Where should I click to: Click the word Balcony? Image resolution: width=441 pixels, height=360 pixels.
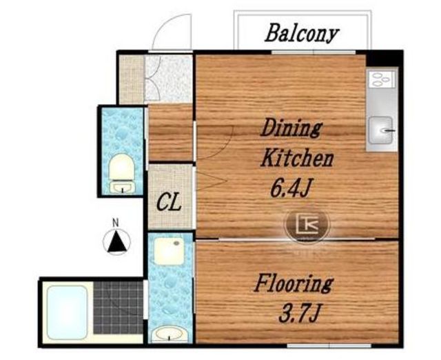(x=302, y=33)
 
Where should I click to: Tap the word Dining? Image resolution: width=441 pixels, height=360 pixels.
(x=291, y=128)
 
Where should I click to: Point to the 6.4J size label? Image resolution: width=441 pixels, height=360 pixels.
(x=291, y=188)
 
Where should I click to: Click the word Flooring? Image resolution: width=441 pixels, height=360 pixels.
(x=294, y=283)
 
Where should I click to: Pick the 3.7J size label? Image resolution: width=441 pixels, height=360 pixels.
(x=299, y=314)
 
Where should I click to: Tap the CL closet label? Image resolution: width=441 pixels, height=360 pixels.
(x=168, y=203)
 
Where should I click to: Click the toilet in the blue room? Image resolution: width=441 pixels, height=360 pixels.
(x=122, y=173)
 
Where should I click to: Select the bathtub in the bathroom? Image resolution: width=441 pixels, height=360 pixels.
(x=68, y=312)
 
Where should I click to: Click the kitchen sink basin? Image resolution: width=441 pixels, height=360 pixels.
(x=380, y=130)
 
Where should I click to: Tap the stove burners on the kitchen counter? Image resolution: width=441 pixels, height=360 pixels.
(x=381, y=79)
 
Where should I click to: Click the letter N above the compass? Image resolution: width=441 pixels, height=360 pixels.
(x=116, y=223)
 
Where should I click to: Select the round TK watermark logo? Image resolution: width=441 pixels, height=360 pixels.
(x=307, y=224)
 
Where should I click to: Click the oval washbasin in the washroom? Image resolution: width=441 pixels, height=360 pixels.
(x=169, y=334)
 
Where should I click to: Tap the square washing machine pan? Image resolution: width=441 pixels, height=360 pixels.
(x=168, y=251)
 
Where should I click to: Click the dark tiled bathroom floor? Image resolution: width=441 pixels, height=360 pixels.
(x=118, y=308)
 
